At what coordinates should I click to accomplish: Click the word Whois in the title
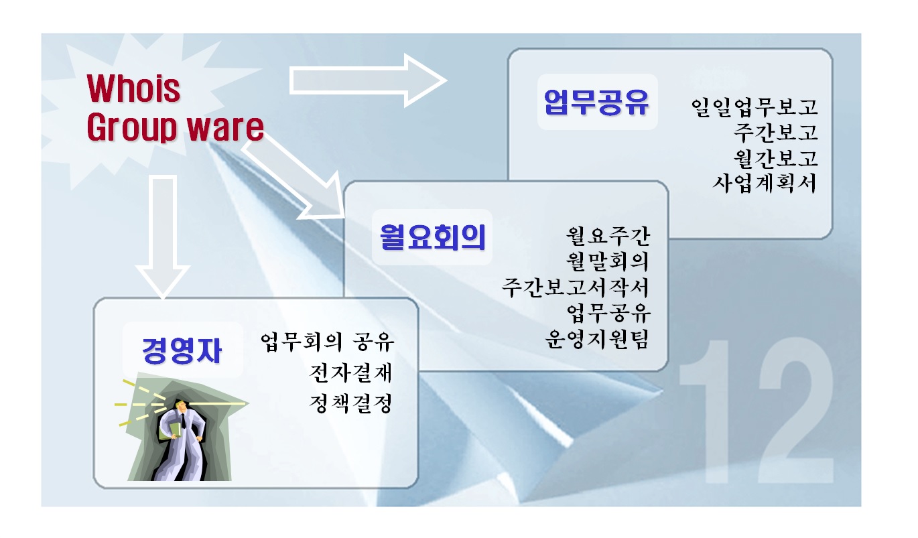coord(133,88)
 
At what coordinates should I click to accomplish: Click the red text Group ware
coord(176,127)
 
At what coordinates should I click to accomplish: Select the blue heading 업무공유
coord(597,102)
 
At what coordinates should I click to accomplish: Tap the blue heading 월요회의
coord(433,237)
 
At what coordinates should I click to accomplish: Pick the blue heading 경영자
coord(182,350)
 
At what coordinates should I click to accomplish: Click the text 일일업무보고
coord(754,108)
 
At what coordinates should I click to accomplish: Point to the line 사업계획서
coord(765,183)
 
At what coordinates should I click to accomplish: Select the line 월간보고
coord(775,158)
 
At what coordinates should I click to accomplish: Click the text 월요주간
coord(608,236)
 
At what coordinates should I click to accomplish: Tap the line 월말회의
coord(608,261)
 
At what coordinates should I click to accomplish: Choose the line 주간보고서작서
coord(576,287)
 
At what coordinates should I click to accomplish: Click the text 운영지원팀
coord(598,339)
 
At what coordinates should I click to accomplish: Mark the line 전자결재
coord(351,373)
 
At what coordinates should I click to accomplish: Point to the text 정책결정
coord(351,403)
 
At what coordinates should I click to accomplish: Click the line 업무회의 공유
coord(327,342)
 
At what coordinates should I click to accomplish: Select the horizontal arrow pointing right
coord(368,80)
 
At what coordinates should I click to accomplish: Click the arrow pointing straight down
coord(163,237)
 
